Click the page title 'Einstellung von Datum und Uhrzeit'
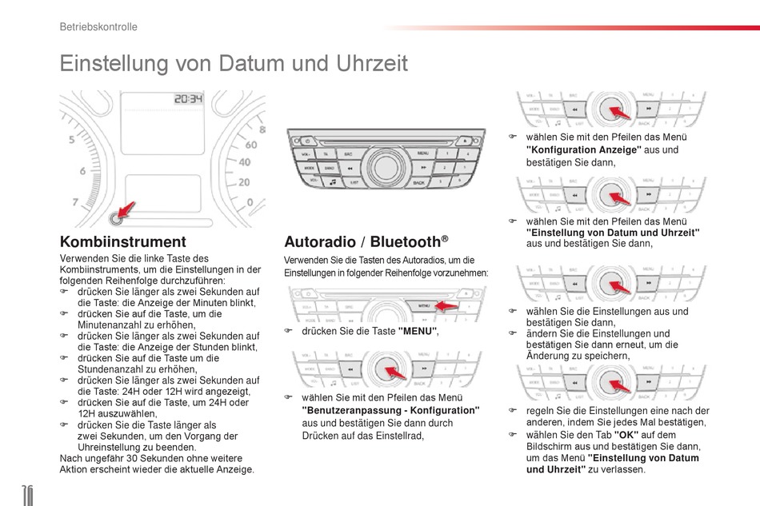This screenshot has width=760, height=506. (234, 63)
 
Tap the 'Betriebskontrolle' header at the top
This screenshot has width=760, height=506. (98, 26)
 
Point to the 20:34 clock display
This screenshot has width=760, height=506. (189, 100)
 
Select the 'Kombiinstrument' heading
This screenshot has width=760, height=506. (123, 241)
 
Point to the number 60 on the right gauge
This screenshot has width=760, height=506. (250, 145)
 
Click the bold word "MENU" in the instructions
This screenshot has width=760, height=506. (418, 330)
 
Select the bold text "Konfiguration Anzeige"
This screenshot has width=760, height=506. (583, 149)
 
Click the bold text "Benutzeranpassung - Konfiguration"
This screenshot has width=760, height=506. (390, 410)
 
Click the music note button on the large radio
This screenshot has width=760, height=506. (331, 182)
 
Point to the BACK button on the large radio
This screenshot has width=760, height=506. (418, 182)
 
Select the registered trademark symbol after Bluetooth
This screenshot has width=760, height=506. (444, 238)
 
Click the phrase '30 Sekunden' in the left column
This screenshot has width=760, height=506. (139, 458)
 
